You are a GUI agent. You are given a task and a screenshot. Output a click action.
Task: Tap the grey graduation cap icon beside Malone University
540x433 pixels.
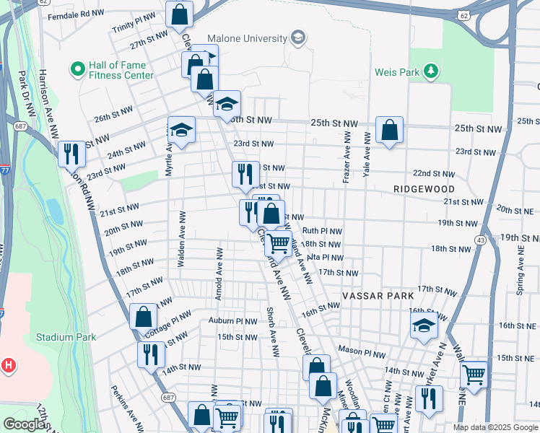pyautogui.click(x=297, y=38)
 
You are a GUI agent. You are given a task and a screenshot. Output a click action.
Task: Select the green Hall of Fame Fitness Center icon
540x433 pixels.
pyautogui.click(x=78, y=69)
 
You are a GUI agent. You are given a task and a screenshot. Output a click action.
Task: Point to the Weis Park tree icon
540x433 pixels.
pyautogui.click(x=431, y=71)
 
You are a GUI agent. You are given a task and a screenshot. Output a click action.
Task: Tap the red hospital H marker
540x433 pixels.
pyautogui.click(x=9, y=365)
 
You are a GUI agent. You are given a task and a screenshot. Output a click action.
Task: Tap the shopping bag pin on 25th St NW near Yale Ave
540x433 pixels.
pyautogui.click(x=389, y=130)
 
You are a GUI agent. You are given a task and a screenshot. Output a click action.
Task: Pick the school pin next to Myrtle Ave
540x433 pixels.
pyautogui.click(x=181, y=130)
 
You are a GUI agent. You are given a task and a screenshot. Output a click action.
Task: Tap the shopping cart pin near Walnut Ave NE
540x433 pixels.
pyautogui.click(x=474, y=373)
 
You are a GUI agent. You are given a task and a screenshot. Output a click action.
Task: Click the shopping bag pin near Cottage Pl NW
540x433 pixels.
pyautogui.click(x=143, y=315)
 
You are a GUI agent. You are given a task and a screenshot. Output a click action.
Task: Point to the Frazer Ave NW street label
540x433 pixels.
pyautogui.click(x=347, y=157)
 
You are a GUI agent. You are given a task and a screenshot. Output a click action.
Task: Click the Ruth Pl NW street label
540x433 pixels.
pyautogui.click(x=321, y=231)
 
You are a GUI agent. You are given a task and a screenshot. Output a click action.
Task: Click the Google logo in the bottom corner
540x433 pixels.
pyautogui.click(x=25, y=424)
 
